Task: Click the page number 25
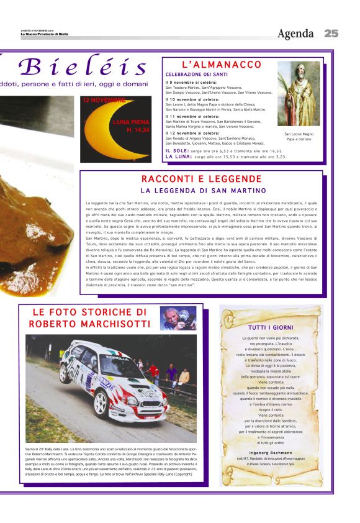(x=331, y=34)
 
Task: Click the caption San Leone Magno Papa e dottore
(x=299, y=136)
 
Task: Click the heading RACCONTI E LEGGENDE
(x=202, y=179)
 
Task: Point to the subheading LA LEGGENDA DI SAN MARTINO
(x=202, y=190)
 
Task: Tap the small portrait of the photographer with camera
(x=178, y=318)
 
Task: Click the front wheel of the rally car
(x=101, y=404)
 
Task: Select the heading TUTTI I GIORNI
(x=271, y=327)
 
